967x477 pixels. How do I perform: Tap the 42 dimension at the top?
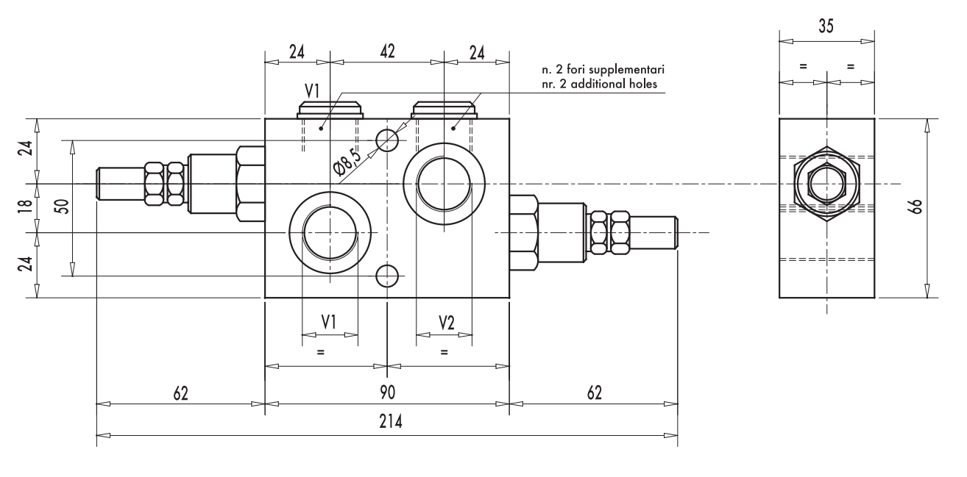(x=387, y=51)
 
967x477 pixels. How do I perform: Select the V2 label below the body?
(x=447, y=322)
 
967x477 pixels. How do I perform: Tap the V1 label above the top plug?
(x=311, y=91)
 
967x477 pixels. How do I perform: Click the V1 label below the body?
(x=329, y=322)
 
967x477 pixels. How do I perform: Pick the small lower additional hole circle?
(x=387, y=276)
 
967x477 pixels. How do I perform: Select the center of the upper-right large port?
(x=444, y=183)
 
